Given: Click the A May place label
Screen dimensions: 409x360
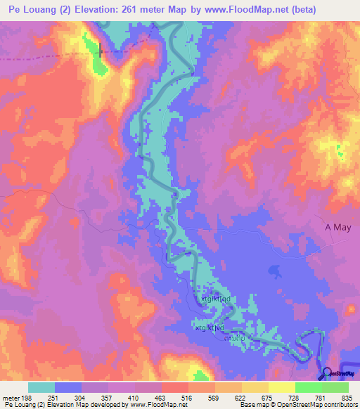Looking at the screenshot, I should (337, 227).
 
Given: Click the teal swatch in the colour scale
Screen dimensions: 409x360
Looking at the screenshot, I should (41, 387).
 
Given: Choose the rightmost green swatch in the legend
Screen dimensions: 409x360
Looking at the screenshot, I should (335, 387).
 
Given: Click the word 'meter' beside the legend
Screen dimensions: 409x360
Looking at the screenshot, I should (11, 397).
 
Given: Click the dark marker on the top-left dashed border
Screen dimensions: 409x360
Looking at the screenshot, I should (101, 49).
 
